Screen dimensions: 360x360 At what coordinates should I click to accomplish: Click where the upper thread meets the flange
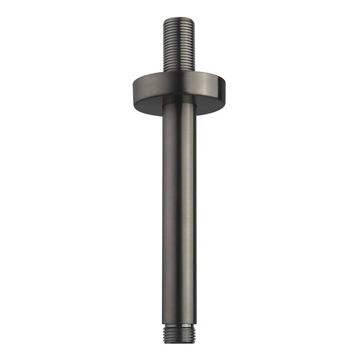[179, 72]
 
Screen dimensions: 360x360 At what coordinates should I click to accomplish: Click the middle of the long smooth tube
[179, 216]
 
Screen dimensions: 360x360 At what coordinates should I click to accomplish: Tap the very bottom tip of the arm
[179, 345]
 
